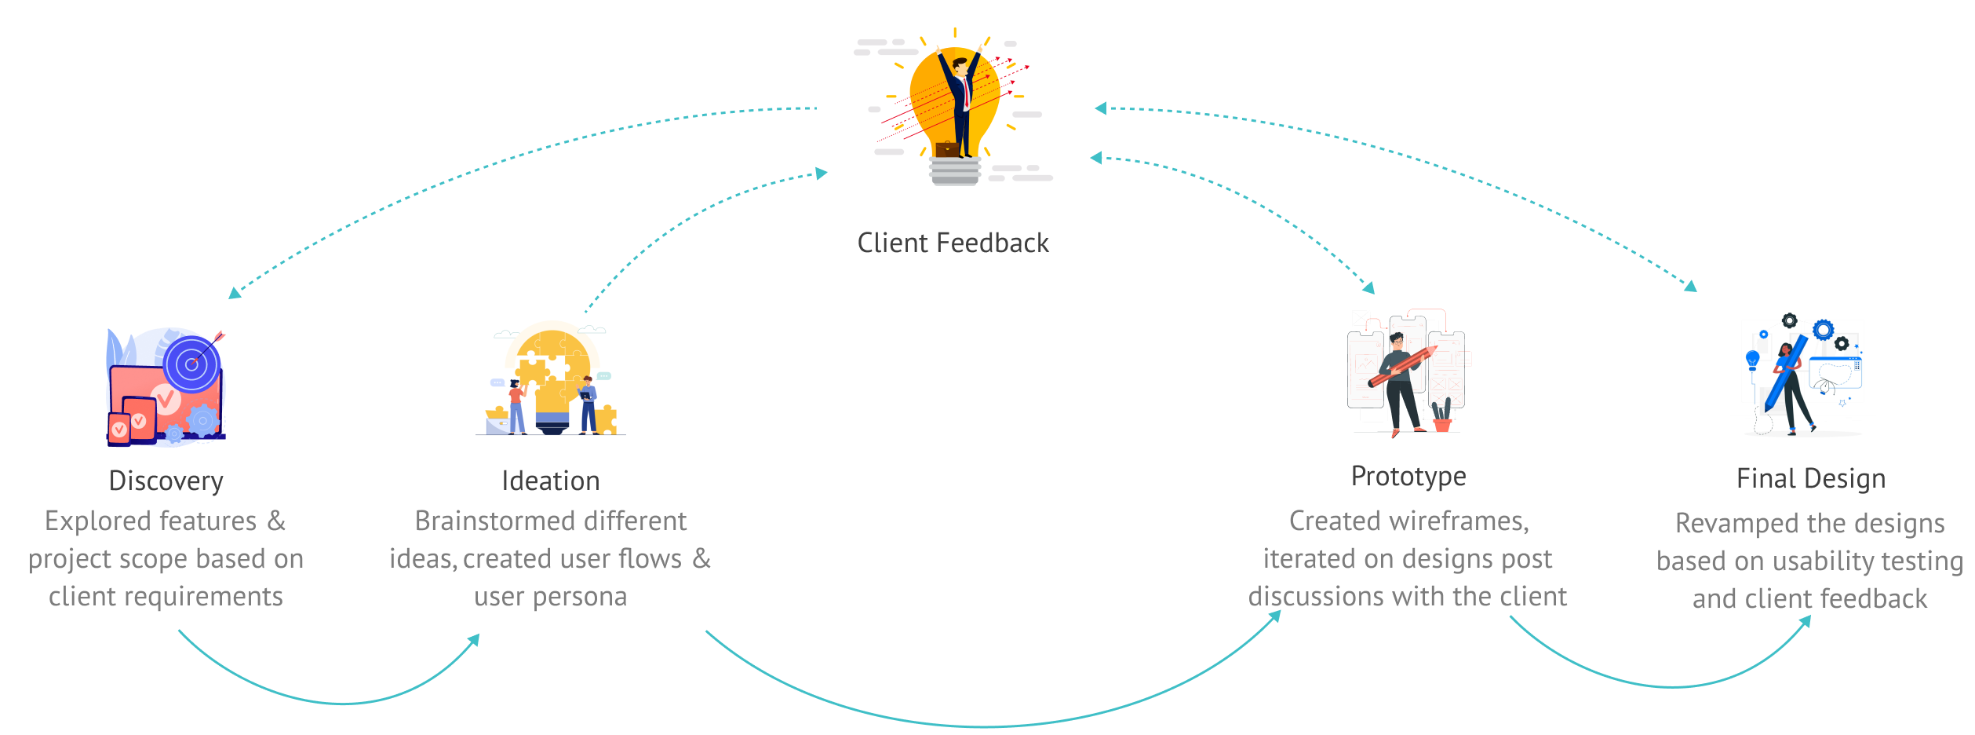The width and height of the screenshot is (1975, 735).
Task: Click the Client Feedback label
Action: tap(953, 243)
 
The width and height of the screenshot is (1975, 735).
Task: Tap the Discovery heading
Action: tap(166, 481)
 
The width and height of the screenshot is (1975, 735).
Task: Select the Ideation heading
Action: tap(551, 481)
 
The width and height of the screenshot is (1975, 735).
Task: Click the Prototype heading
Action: tap(1408, 476)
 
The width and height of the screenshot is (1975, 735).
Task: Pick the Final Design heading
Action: tap(1810, 478)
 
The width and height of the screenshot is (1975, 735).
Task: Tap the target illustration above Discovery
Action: tap(166, 386)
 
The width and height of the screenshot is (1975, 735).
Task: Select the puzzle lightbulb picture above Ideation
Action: tap(551, 378)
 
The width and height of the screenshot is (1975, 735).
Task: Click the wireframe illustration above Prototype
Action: tap(1407, 373)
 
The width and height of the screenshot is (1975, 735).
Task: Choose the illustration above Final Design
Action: tap(1802, 377)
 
